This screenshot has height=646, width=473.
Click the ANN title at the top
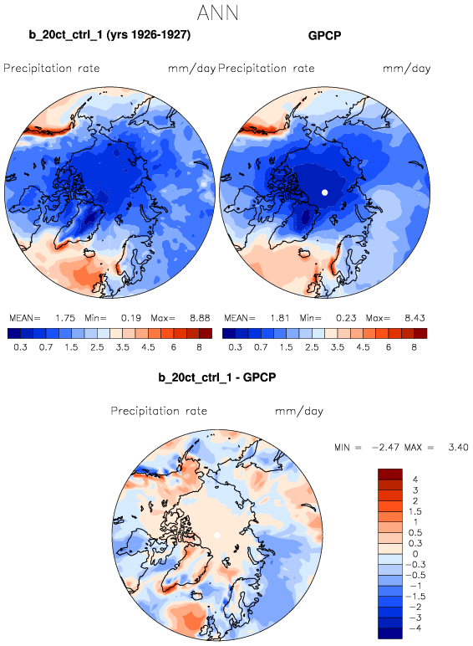point(217,13)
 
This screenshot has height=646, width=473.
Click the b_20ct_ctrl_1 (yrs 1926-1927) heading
point(109,35)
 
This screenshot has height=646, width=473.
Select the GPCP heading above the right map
point(324,35)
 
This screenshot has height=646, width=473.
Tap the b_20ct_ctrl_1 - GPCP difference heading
point(217,377)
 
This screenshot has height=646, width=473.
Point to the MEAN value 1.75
point(65,318)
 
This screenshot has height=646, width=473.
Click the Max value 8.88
point(200,318)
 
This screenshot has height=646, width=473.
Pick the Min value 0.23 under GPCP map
point(346,318)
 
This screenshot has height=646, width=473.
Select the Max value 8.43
point(415,318)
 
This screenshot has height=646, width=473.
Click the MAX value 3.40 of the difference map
point(458,447)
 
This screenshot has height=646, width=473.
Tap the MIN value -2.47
point(385,447)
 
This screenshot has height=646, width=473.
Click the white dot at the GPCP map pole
point(324,192)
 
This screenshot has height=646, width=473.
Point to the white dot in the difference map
point(217,536)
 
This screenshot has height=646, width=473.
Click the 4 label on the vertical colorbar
point(415,479)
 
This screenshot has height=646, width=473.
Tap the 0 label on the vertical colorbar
point(415,554)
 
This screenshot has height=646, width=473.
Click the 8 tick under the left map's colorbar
point(199,347)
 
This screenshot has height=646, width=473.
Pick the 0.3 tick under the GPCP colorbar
point(235,347)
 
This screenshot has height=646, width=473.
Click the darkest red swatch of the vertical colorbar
point(390,474)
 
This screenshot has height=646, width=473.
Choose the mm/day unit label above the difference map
point(299,411)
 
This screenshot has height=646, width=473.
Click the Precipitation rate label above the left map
point(52,68)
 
